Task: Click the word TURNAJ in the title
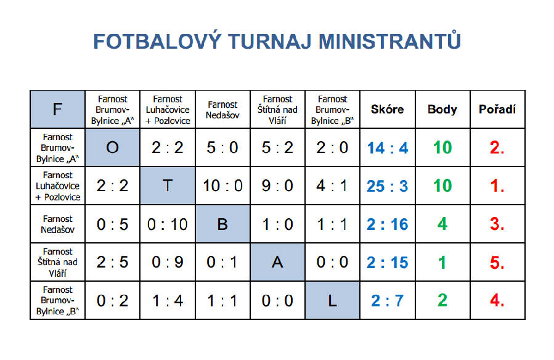pos(270,41)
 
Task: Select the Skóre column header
pos(387,109)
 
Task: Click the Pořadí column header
pos(497,109)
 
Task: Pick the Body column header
pos(442,110)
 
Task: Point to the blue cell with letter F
pos(57,109)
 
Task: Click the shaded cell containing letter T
pos(168,186)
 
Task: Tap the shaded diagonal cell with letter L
pos(332,300)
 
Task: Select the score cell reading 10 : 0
pos(222,186)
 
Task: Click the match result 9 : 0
pos(277,186)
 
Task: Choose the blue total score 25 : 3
pos(387,186)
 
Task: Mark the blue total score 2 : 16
pos(387,224)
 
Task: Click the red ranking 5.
pos(497,263)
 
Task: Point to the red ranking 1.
pos(497,186)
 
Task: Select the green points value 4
pos(442,224)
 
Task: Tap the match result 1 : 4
pos(168,301)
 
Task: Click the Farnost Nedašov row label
pos(57,224)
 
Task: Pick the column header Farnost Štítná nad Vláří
pos(277,110)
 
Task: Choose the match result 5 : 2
pos(277,148)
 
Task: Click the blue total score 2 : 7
pos(387,301)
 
